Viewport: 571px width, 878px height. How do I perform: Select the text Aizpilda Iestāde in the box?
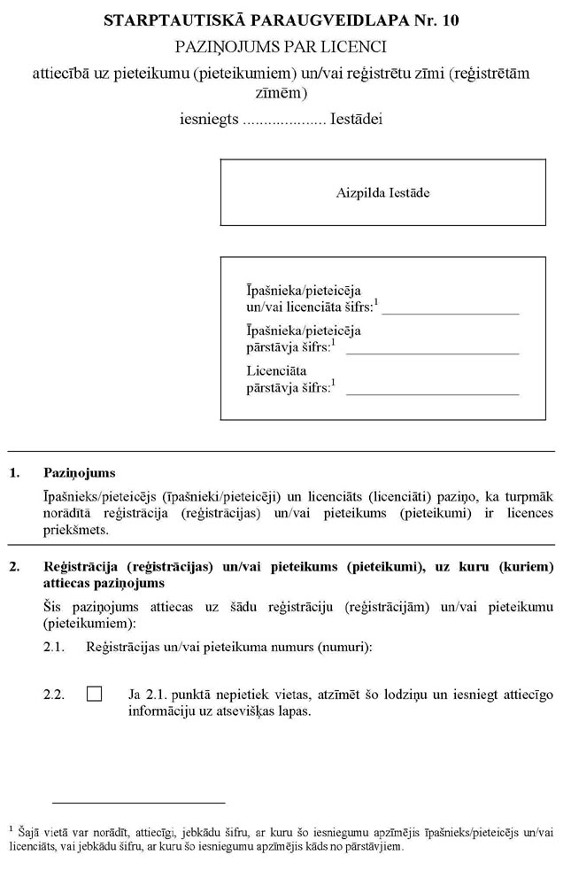[x=383, y=192]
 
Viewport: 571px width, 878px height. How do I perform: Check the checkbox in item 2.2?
[x=95, y=695]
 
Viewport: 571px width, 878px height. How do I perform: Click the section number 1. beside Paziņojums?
[x=14, y=474]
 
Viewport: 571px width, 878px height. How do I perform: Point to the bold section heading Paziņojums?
[x=79, y=474]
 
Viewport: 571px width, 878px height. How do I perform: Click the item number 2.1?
[x=54, y=648]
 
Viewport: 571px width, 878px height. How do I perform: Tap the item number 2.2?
[x=54, y=695]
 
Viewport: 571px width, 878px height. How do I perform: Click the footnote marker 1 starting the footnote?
[x=11, y=827]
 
